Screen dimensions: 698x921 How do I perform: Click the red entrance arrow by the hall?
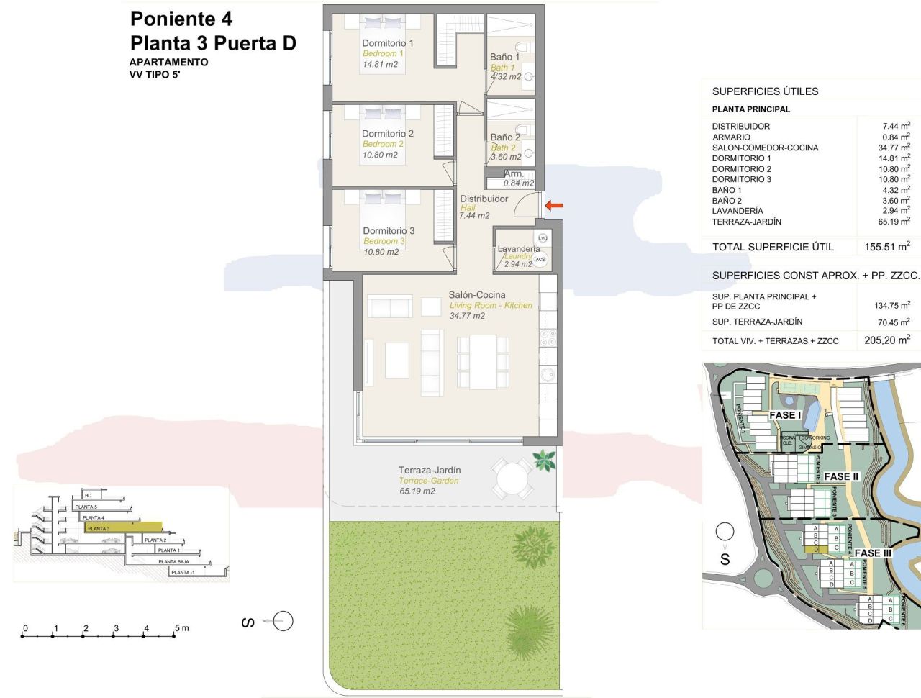(x=554, y=206)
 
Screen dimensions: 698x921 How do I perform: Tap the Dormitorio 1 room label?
(x=387, y=43)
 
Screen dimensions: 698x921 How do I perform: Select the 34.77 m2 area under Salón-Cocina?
(x=467, y=316)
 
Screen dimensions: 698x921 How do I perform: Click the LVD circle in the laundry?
(x=543, y=238)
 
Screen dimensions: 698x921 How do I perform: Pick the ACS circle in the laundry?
(x=540, y=259)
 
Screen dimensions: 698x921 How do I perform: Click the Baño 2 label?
(x=505, y=137)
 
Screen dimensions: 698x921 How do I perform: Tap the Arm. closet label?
(x=514, y=173)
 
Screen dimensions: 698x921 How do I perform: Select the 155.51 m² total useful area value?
(x=886, y=247)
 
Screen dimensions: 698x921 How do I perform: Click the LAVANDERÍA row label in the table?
(x=738, y=211)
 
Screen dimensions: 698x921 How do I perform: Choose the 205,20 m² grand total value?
(x=886, y=340)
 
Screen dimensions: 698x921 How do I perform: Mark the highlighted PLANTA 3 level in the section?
(x=122, y=528)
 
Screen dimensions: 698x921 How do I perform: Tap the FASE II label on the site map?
(x=841, y=476)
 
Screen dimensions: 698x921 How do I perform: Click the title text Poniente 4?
(x=181, y=19)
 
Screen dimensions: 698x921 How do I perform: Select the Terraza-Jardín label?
(x=430, y=470)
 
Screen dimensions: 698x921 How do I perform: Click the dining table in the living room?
(x=483, y=361)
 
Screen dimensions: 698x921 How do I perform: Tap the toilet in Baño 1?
(x=522, y=47)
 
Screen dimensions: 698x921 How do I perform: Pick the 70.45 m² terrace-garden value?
(x=893, y=322)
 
